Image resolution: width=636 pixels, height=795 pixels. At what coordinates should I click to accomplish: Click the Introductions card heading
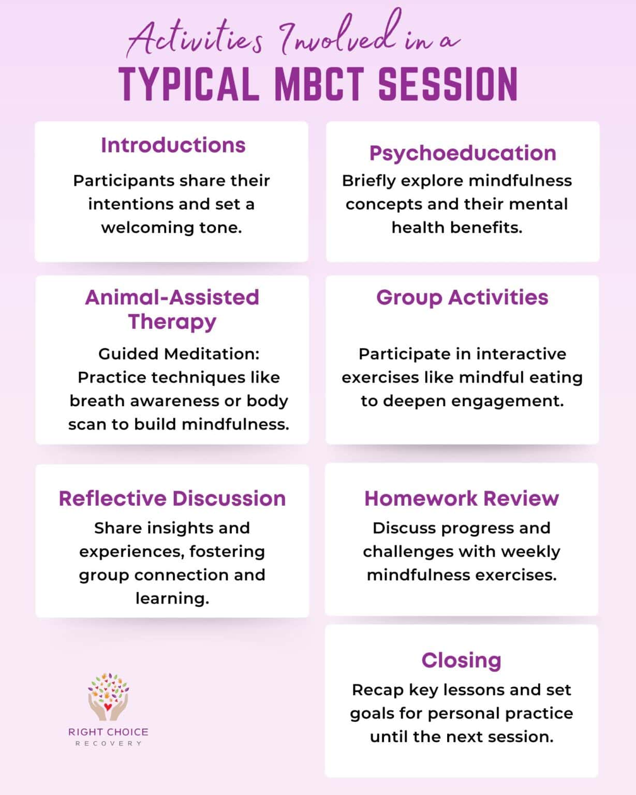point(173,145)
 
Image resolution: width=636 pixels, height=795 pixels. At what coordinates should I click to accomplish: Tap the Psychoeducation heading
point(463,153)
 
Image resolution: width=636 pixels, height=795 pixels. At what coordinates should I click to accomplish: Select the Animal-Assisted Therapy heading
point(172,309)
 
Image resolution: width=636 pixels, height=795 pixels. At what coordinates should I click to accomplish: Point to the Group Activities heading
point(462,298)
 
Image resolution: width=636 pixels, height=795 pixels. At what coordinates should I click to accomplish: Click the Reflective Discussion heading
point(172,498)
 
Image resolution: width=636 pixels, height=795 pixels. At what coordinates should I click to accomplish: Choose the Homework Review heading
point(462,498)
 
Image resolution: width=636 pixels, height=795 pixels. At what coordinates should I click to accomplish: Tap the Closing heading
point(461,660)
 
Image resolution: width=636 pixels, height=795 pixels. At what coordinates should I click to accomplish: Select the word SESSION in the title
point(448,84)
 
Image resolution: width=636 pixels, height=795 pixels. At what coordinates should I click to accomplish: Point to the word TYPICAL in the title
point(189,84)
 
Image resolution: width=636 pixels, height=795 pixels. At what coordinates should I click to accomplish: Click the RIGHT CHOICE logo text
point(108,732)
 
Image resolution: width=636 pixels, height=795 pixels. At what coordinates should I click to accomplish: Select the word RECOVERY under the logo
point(108,744)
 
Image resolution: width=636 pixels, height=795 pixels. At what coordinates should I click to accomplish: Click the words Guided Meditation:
point(179,354)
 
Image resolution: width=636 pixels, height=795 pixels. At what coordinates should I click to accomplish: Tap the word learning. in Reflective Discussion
point(172,598)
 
